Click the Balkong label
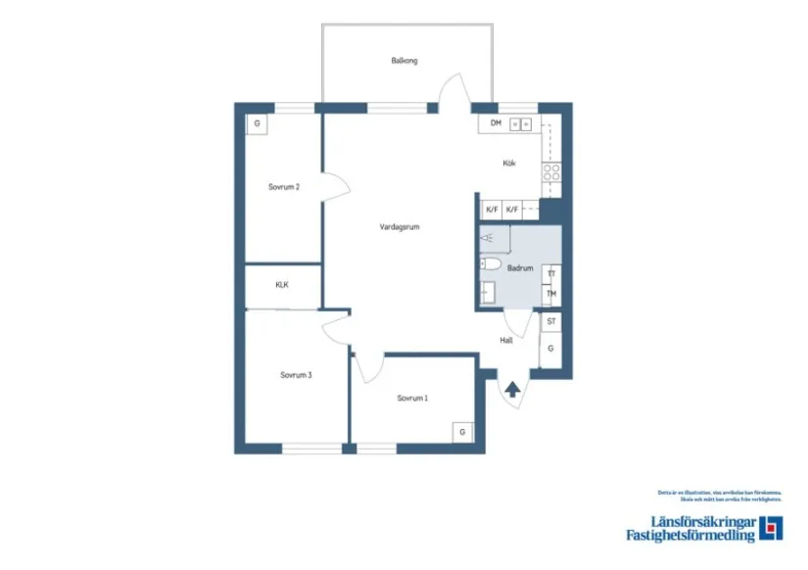point(404,61)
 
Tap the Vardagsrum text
point(400,226)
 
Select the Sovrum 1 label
point(412,398)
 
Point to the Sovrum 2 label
point(284,186)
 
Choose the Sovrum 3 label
point(295,374)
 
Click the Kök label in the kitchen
point(509,164)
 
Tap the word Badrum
point(520,267)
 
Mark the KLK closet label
point(282,285)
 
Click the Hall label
point(506,341)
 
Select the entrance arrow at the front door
point(512,389)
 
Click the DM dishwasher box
point(497,123)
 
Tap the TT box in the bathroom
point(552,273)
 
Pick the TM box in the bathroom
point(552,294)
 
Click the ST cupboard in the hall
point(551,321)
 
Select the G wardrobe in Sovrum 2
point(257,124)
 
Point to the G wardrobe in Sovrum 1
point(462,432)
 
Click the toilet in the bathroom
point(491,264)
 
